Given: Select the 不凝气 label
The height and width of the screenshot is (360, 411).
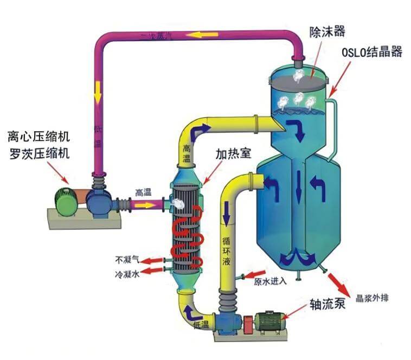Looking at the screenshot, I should point(128,259).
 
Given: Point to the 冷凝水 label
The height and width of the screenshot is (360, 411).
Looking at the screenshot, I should point(128,274).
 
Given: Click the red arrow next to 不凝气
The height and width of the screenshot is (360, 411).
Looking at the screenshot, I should point(154,261).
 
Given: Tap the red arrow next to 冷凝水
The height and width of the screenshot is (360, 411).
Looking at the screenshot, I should point(154,273).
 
